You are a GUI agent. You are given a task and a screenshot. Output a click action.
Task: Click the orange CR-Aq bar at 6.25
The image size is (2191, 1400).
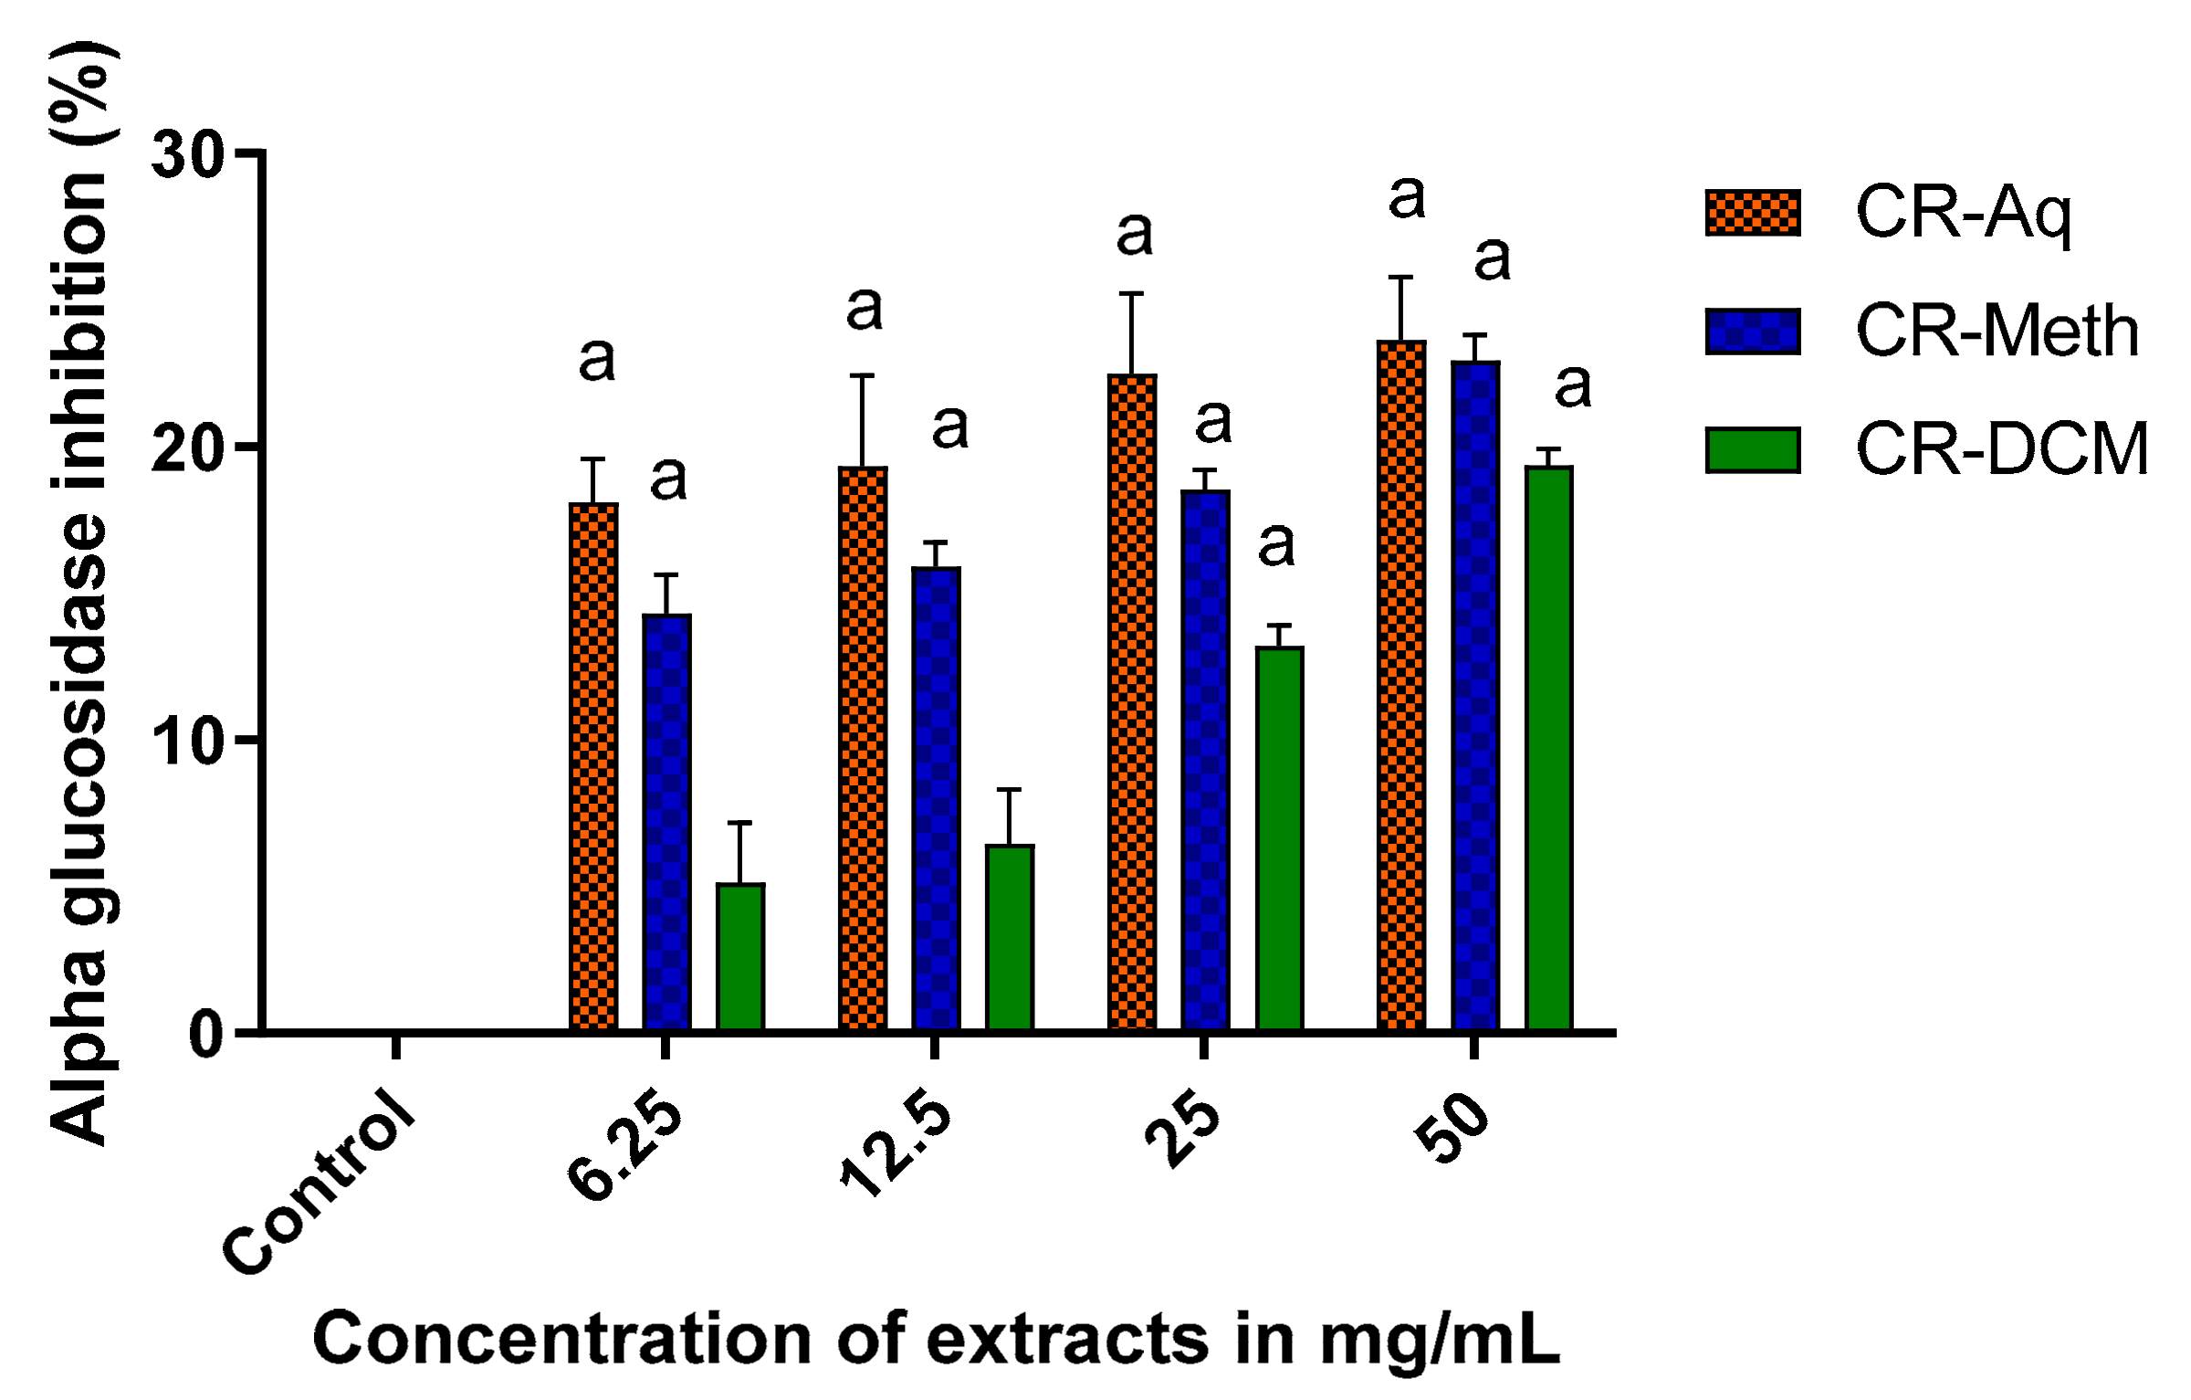(x=593, y=767)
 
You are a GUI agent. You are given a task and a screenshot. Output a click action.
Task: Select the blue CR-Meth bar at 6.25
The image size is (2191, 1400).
(x=666, y=822)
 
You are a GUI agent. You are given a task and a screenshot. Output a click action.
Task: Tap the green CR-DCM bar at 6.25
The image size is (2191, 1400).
(x=740, y=956)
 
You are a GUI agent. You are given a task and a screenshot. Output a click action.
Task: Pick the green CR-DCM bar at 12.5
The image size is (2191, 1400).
(x=1010, y=937)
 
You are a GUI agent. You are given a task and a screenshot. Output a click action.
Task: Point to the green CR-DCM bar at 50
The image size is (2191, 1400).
(x=1549, y=749)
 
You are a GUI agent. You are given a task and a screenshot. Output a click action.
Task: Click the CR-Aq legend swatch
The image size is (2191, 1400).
(x=1753, y=213)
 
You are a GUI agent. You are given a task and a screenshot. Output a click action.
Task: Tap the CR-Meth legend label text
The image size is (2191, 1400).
(x=1997, y=331)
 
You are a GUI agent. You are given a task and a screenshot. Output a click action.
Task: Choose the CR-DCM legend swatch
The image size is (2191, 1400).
(x=1753, y=450)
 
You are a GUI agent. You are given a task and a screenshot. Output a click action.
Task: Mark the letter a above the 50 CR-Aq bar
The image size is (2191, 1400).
(x=1406, y=198)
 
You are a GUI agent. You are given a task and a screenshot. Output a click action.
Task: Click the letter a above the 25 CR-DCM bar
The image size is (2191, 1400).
(x=1276, y=545)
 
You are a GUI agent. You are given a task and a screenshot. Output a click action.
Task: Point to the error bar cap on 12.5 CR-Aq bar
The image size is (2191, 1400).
(x=862, y=375)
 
